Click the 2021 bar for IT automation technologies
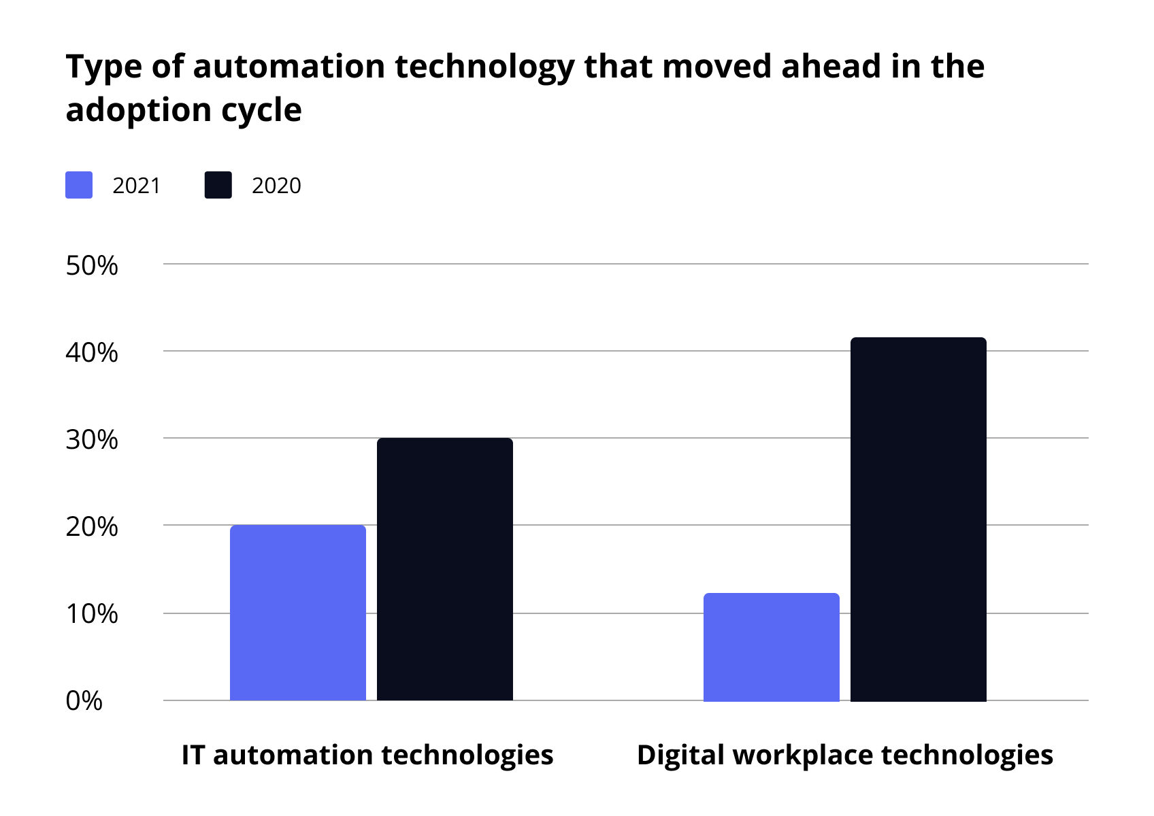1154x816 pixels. coord(298,612)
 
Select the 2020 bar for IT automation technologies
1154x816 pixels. coord(445,569)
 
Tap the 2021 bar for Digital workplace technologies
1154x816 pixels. coord(772,647)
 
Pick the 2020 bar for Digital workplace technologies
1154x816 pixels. coord(919,519)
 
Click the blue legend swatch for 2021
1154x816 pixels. coord(79,185)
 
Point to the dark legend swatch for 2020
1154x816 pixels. coord(218,185)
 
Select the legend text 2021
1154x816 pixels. coord(137,186)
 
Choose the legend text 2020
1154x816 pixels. coord(276,186)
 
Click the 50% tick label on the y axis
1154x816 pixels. coord(92,266)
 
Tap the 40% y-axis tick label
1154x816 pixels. coord(92,353)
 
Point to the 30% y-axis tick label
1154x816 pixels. coord(92,440)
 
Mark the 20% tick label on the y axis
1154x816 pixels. coord(92,527)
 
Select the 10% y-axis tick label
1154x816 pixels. coord(92,614)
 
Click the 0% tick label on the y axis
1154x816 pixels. coord(84,701)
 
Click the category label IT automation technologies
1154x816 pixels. coord(367,755)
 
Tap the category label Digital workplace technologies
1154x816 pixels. coord(845,755)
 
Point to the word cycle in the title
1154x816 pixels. coord(261,110)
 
